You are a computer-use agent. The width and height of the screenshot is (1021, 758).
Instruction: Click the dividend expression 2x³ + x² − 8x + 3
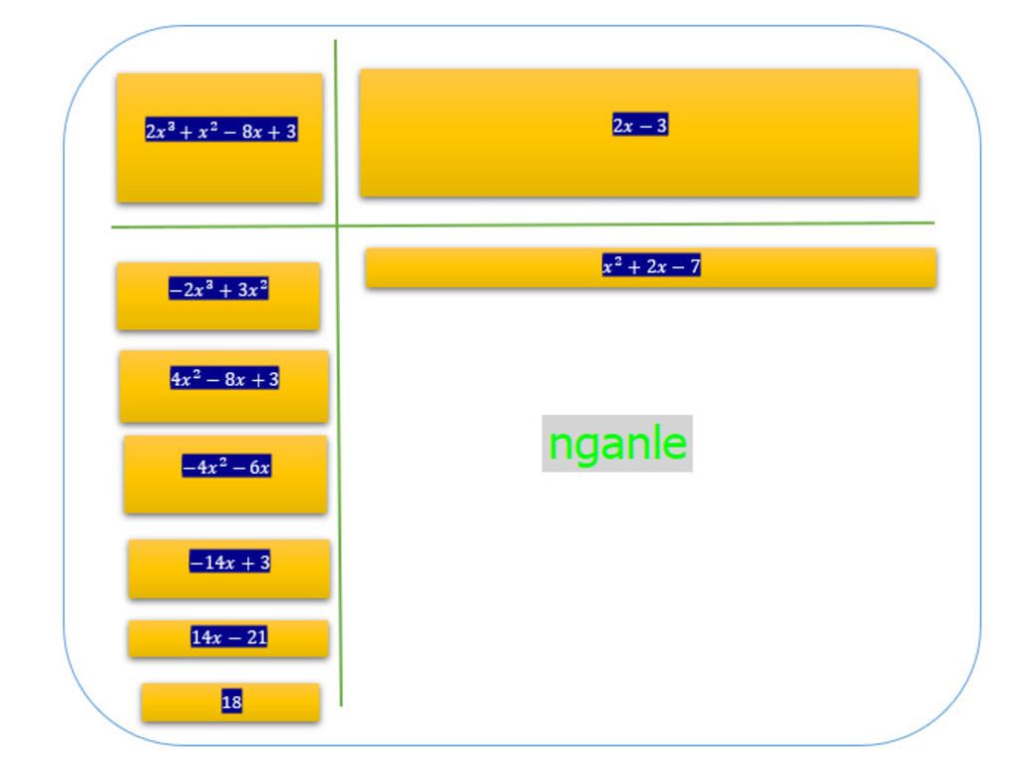pyautogui.click(x=221, y=131)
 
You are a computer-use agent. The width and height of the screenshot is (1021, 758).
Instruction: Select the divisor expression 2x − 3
pyautogui.click(x=640, y=125)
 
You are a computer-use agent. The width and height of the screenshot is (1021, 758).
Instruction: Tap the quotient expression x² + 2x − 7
pyautogui.click(x=651, y=266)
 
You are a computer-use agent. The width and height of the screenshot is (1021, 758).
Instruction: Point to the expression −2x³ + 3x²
pyautogui.click(x=218, y=290)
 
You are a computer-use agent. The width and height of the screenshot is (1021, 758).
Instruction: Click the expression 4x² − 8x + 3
pyautogui.click(x=224, y=379)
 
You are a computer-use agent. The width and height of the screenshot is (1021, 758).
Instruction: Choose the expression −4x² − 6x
pyautogui.click(x=226, y=467)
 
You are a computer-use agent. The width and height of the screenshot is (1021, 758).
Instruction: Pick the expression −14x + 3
pyautogui.click(x=229, y=563)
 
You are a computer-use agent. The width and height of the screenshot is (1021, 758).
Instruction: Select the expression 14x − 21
pyautogui.click(x=229, y=637)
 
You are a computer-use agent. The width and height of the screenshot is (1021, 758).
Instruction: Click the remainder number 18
pyautogui.click(x=231, y=702)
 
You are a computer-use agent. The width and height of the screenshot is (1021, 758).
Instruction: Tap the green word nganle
pyautogui.click(x=617, y=443)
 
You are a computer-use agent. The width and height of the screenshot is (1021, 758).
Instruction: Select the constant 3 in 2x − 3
pyautogui.click(x=661, y=125)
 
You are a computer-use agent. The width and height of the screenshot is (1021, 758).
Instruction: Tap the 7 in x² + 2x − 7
pyautogui.click(x=694, y=266)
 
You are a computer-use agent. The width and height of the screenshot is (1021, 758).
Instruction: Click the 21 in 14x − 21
pyautogui.click(x=256, y=637)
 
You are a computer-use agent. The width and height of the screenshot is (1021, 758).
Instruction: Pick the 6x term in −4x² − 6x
pyautogui.click(x=259, y=467)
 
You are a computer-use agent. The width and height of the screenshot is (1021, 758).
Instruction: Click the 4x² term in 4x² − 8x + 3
pyautogui.click(x=185, y=379)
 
